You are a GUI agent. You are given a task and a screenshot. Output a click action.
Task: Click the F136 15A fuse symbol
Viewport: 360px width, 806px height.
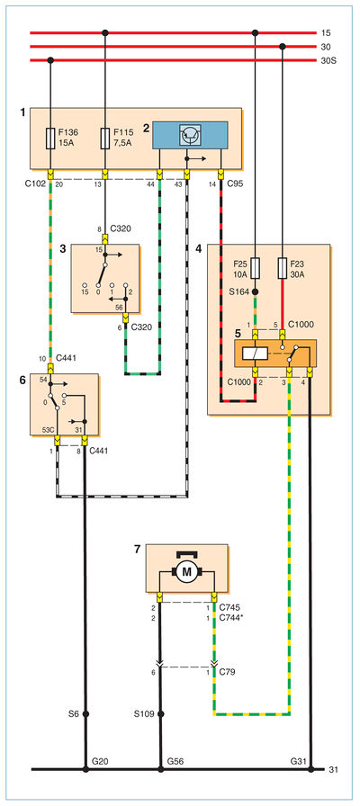click(x=50, y=139)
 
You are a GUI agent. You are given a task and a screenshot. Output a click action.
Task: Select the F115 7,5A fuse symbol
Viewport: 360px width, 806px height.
click(x=105, y=139)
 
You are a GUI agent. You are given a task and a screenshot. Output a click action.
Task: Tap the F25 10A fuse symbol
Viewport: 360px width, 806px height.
click(x=255, y=268)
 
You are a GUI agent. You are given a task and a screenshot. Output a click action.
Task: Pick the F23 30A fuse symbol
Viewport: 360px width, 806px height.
click(x=283, y=268)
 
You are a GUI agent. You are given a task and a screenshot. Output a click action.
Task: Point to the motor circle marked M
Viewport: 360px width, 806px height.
click(x=186, y=570)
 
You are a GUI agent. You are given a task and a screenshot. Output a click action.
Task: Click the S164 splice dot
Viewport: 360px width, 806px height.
click(x=255, y=292)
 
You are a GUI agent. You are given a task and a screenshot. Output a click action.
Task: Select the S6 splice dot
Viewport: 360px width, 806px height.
click(x=85, y=714)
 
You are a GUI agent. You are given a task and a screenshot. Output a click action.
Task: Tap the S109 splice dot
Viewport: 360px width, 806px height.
click(x=161, y=714)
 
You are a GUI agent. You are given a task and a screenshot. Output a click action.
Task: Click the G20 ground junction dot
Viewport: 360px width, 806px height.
click(x=85, y=769)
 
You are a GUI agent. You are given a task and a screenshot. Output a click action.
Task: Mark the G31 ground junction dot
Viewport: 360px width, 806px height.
click(x=310, y=769)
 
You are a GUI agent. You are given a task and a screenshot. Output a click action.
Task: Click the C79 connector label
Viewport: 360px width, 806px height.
click(x=227, y=672)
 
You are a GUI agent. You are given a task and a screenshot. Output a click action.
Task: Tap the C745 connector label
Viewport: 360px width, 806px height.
click(x=229, y=608)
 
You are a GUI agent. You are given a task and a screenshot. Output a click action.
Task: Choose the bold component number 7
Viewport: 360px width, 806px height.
click(x=137, y=550)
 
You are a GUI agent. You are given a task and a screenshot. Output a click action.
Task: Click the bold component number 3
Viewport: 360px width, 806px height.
click(x=63, y=249)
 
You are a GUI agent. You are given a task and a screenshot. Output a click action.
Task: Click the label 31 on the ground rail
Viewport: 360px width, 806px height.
click(x=333, y=769)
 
